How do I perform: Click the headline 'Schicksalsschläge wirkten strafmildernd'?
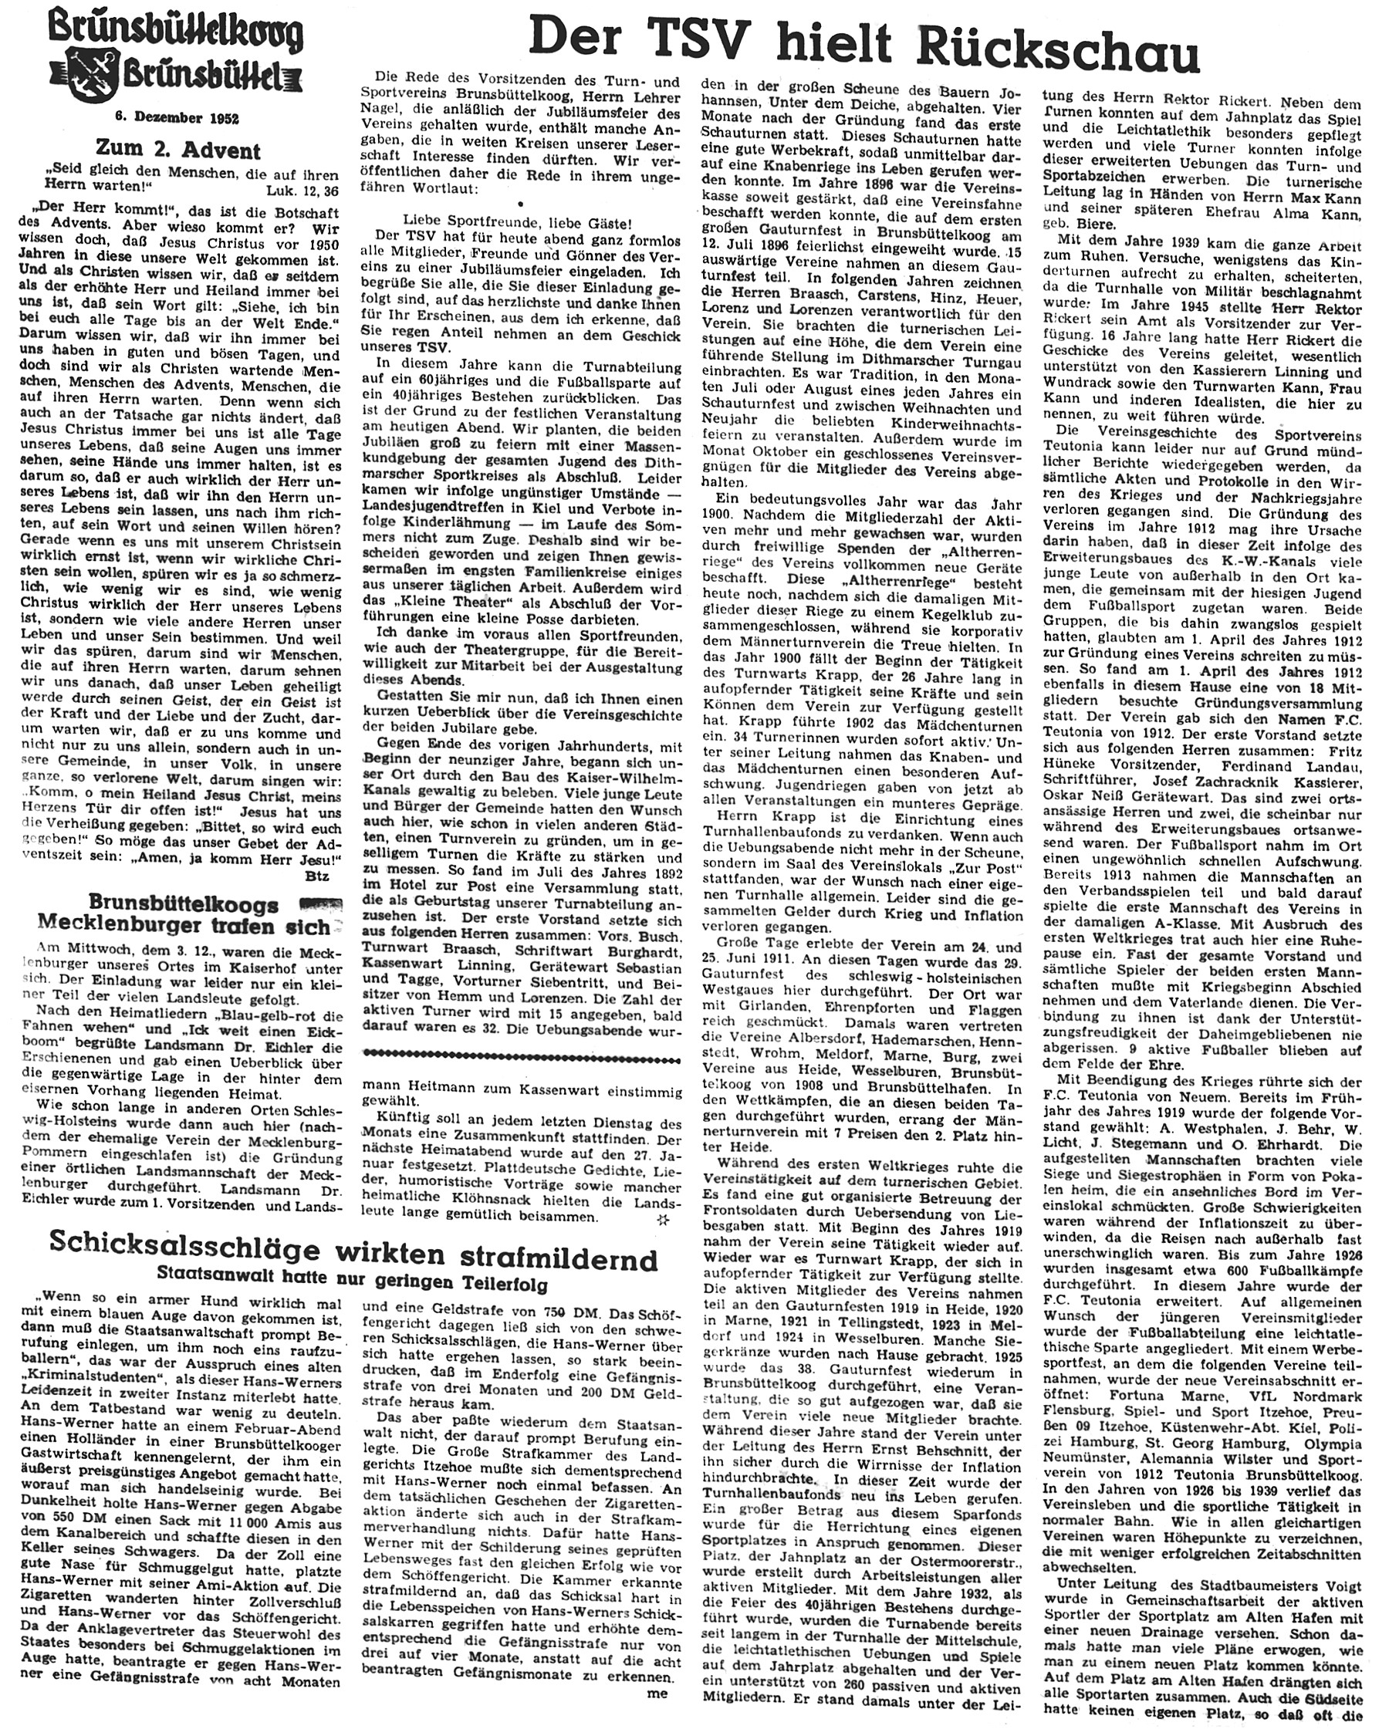coord(353,1261)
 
